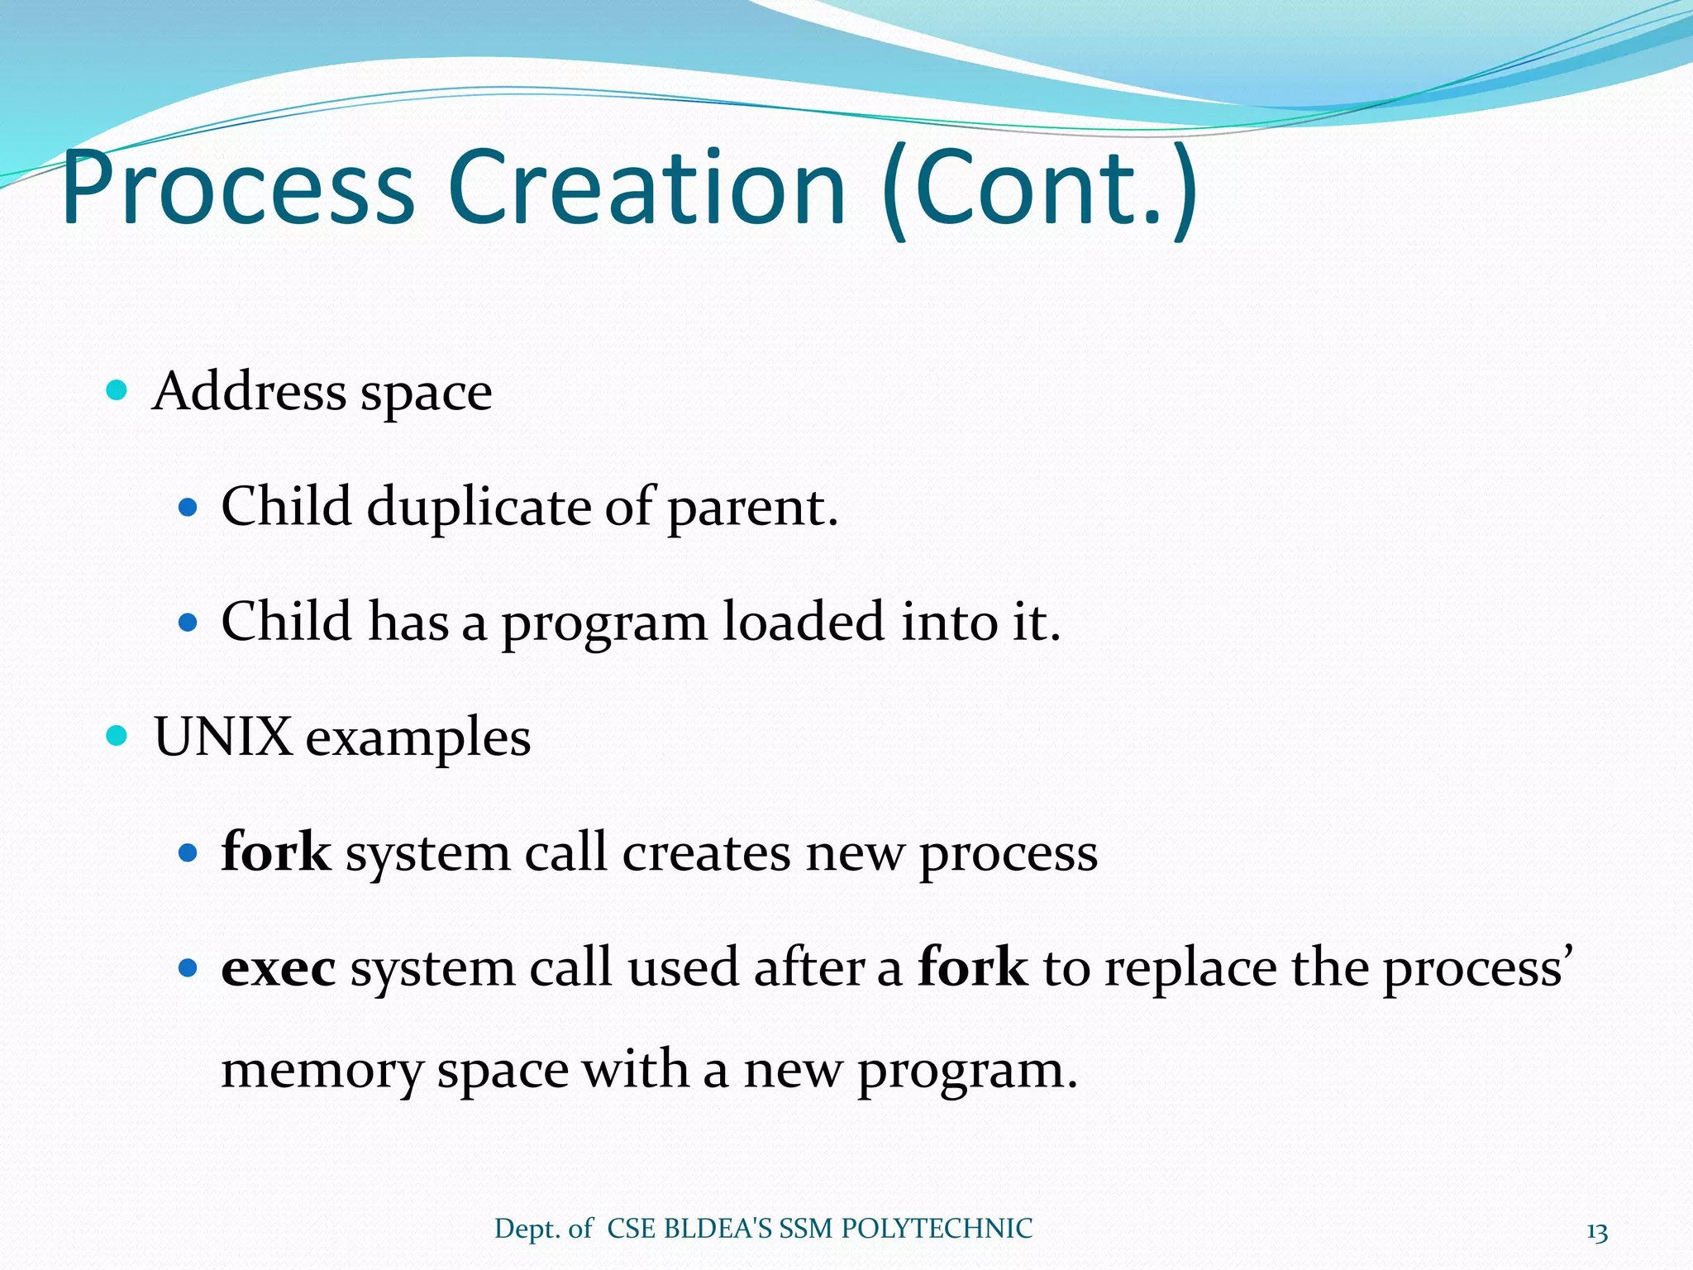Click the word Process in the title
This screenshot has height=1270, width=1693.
238,189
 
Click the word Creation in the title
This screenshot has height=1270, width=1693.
646,189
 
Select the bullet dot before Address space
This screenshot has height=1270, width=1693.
117,389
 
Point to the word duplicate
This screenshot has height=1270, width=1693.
479,507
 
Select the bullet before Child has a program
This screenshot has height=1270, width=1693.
188,622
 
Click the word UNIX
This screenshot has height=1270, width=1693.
222,736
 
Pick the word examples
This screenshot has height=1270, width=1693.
418,738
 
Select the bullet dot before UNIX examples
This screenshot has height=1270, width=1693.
117,735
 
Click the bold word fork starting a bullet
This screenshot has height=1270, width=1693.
276,852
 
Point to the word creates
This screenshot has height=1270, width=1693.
707,852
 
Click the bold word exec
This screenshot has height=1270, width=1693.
279,967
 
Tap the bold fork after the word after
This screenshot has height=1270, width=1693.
972,967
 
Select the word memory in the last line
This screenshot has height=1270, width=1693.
322,1070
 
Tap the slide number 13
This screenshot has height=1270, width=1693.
1597,1233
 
